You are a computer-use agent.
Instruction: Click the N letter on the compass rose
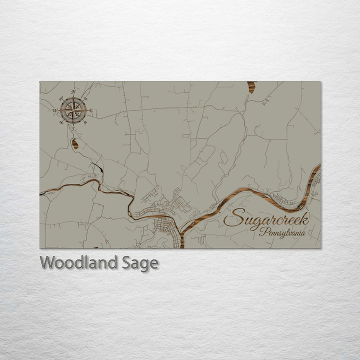[73, 92]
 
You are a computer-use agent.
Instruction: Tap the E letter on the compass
[91, 110]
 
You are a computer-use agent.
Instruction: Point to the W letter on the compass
[55, 110]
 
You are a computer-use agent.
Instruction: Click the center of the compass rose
[73, 110]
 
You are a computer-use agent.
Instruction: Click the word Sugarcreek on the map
[266, 218]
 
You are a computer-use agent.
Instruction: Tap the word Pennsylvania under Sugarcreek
[284, 232]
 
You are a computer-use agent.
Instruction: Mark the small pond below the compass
[75, 144]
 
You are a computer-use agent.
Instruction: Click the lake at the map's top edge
[251, 87]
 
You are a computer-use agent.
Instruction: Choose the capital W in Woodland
[48, 262]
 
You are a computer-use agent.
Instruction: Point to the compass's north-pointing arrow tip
[73, 97]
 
